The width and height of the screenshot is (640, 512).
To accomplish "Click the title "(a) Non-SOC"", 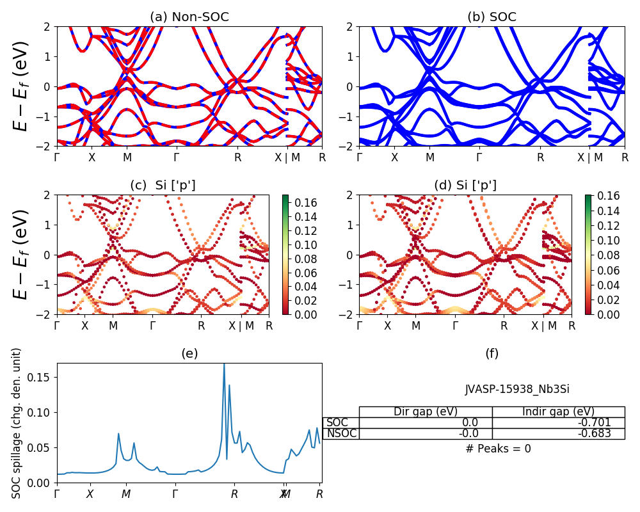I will click(x=189, y=17).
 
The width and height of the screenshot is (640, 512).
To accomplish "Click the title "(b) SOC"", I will click(x=492, y=17).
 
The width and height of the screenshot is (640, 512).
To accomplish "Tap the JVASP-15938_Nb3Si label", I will click(x=517, y=388).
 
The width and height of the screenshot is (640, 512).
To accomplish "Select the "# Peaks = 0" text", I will click(x=498, y=449).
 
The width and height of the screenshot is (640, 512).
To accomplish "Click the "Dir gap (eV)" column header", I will click(x=426, y=412).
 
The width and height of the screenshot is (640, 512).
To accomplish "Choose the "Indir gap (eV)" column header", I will click(x=558, y=412).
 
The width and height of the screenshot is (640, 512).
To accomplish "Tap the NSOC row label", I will click(x=341, y=433).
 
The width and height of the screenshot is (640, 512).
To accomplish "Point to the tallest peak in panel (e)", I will click(x=224, y=364).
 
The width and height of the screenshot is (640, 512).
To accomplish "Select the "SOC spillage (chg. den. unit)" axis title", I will click(x=17, y=423).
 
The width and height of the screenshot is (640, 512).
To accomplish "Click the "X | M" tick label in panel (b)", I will click(x=588, y=157).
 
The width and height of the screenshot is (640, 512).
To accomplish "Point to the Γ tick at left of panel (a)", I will click(x=57, y=157).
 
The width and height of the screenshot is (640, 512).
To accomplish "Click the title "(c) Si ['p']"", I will click(x=163, y=185).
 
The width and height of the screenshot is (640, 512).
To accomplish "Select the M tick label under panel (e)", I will click(x=126, y=494).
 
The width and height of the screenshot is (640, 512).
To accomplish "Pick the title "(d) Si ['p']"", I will click(x=465, y=185).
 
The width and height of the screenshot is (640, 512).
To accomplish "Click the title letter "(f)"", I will click(x=492, y=353).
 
